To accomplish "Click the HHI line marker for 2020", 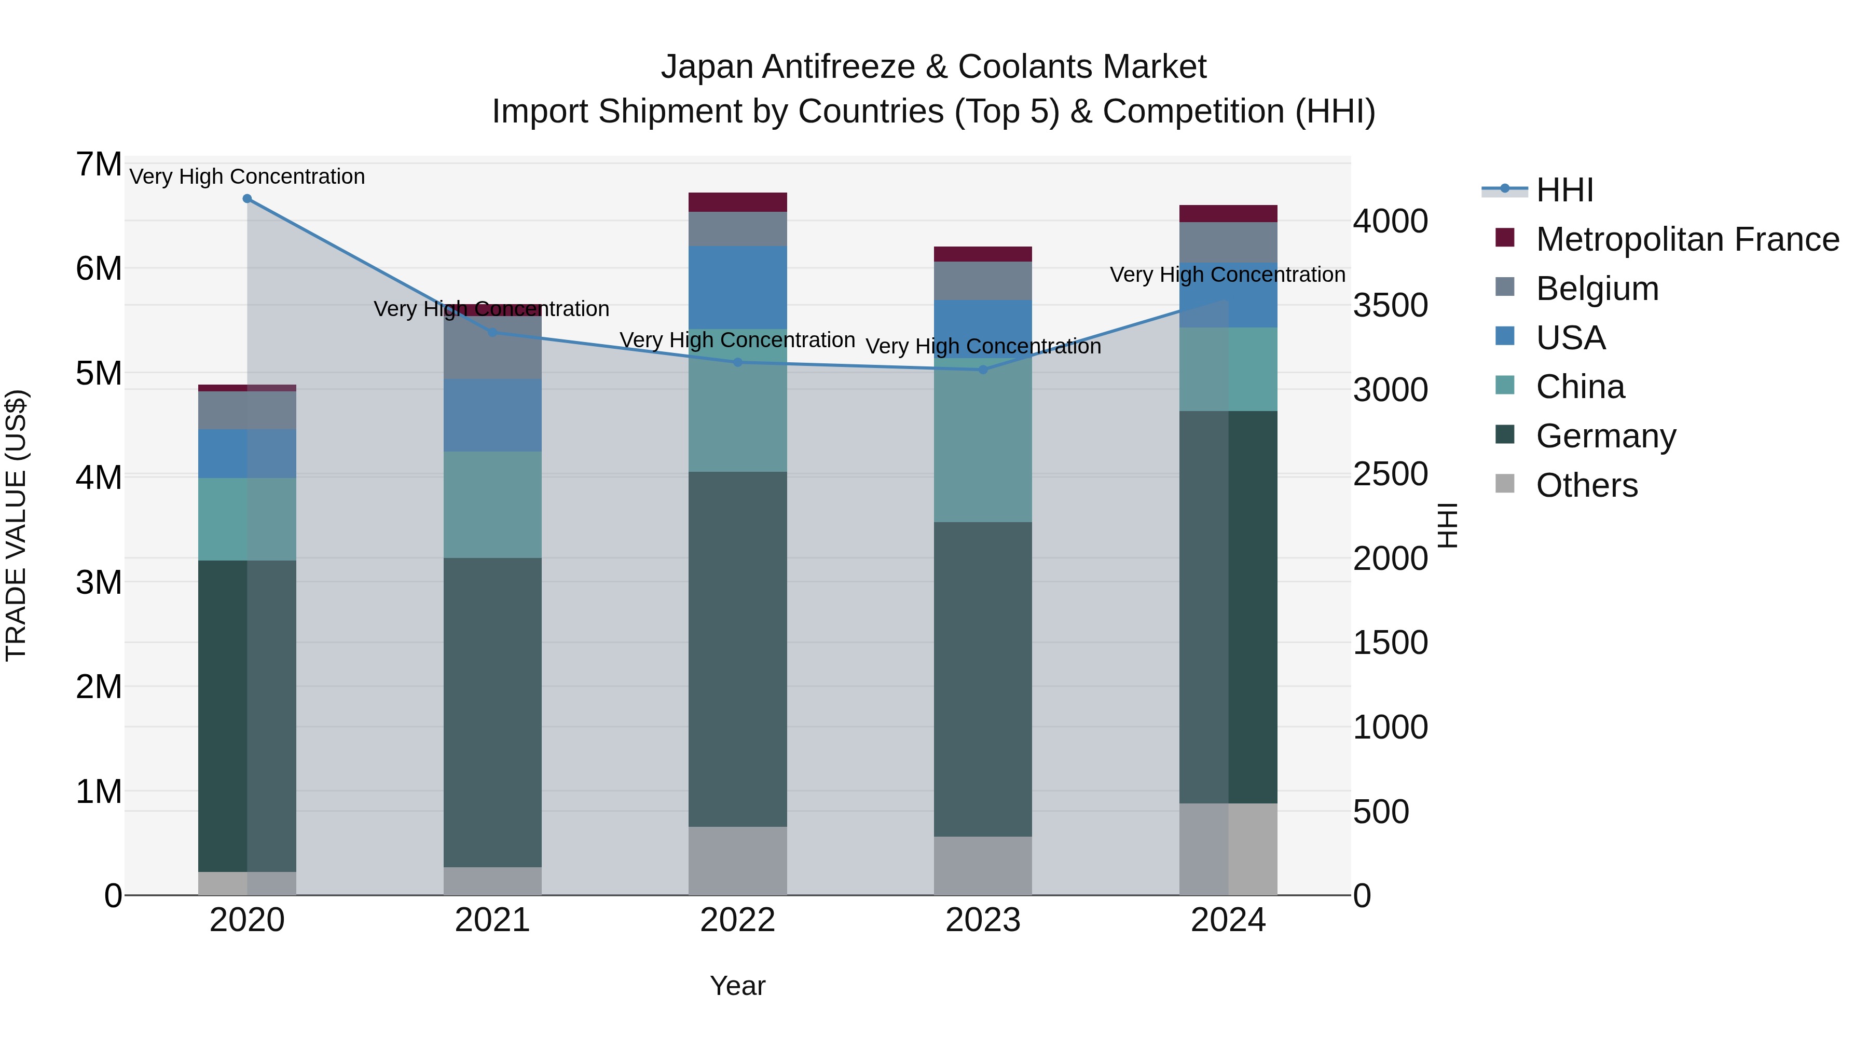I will (x=248, y=198).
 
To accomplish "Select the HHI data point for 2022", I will (x=737, y=362).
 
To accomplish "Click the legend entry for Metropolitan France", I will (x=1687, y=239).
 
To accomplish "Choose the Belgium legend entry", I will (x=1597, y=288).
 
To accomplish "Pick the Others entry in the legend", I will (x=1587, y=485).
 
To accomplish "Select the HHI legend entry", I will (x=1564, y=190).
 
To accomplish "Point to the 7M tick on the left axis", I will (x=99, y=165).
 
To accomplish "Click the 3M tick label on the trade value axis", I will (x=99, y=582).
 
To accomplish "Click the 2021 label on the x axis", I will (x=492, y=920).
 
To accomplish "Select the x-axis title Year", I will (x=737, y=986).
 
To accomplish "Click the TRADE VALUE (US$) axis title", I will (x=16, y=525).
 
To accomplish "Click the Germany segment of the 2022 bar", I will (x=737, y=649).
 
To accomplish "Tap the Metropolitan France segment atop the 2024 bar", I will (x=1228, y=213).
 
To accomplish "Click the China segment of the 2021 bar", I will (x=492, y=505).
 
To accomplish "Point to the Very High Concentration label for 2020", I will (x=248, y=176).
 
